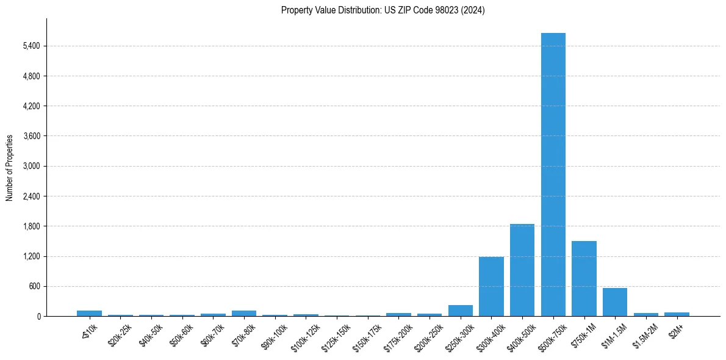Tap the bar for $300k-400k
tap(491, 287)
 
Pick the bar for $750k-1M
tap(584, 279)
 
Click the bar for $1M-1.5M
tap(614, 302)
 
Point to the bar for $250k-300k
tap(460, 311)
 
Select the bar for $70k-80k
tap(243, 314)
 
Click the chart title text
tap(383, 10)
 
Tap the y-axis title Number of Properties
tap(10, 167)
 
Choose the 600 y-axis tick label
tap(34, 286)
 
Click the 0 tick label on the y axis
tap(38, 316)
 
